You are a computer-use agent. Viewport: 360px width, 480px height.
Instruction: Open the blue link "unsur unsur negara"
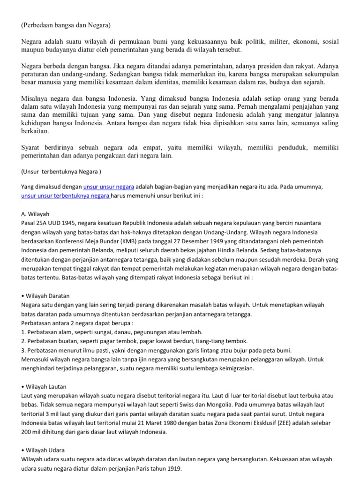(x=109, y=186)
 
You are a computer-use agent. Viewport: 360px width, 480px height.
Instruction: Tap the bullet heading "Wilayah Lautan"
(x=44, y=386)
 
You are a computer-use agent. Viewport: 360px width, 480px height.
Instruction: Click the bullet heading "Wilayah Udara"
(x=44, y=450)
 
